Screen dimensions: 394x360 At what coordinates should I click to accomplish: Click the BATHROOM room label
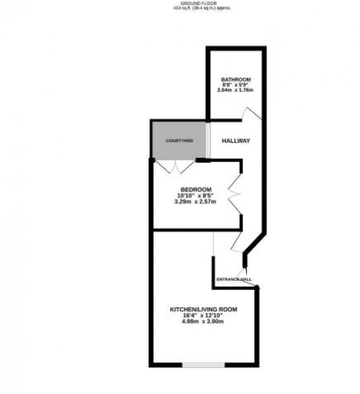click(235, 80)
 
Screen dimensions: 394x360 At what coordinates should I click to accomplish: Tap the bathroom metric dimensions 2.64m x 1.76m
click(235, 89)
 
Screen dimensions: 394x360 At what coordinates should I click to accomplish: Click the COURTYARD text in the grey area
click(179, 141)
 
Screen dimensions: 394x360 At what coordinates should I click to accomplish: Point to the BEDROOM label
click(197, 189)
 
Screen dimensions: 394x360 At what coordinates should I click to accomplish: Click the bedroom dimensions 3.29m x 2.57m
click(197, 201)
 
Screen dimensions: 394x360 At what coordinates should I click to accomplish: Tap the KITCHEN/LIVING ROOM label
click(203, 309)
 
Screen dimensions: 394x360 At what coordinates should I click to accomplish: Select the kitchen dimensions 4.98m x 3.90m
click(203, 322)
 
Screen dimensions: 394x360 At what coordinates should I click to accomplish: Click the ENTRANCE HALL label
click(234, 279)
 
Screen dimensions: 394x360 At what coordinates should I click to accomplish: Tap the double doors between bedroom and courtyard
click(175, 166)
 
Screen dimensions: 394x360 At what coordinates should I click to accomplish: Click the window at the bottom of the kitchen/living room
click(203, 365)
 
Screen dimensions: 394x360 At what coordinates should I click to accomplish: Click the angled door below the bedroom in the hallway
click(237, 243)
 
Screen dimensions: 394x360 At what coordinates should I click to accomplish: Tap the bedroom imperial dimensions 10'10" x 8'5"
click(197, 195)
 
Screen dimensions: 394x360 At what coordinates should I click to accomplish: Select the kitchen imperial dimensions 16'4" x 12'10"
click(203, 315)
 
